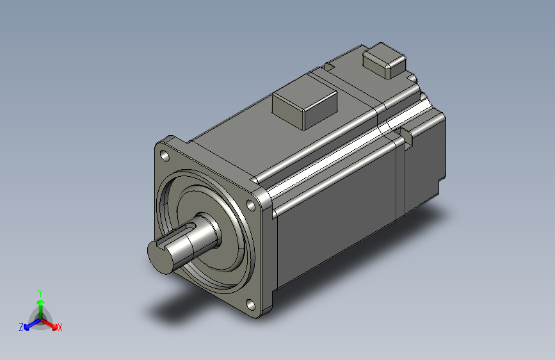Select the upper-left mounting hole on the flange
click(165, 155)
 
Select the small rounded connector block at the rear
click(384, 61)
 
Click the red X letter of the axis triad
click(60, 328)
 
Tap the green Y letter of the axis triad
click(40, 292)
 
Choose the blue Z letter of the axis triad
click(21, 327)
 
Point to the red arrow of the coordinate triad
click(51, 324)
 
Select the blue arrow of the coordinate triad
click(29, 324)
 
